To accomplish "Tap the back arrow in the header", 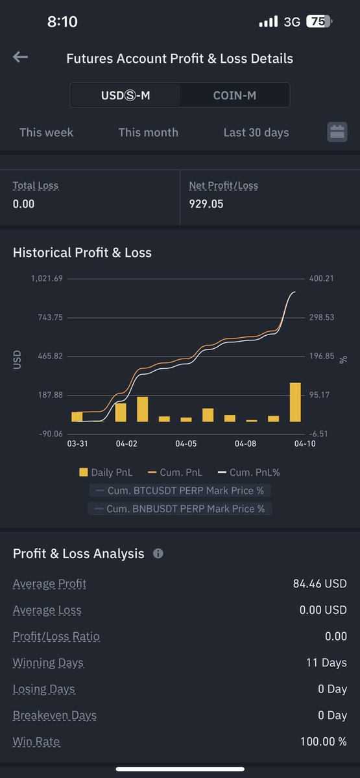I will [20, 58].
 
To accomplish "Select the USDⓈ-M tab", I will [126, 96].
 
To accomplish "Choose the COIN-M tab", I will [235, 96].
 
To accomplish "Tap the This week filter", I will [46, 132].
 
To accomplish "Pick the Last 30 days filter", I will [256, 132].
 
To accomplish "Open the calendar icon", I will [337, 132].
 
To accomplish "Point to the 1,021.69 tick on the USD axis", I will [47, 279].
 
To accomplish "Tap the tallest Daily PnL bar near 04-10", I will [295, 402].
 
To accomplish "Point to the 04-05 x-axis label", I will [186, 444].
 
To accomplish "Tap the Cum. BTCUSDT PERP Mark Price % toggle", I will [180, 491].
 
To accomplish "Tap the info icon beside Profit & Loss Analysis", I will [158, 554].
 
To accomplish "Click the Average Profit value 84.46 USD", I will [320, 584].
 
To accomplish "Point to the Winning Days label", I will [48, 663].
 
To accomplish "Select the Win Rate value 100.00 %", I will [323, 742].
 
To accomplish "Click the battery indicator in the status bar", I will [318, 21].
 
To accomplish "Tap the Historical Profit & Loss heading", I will [82, 253].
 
